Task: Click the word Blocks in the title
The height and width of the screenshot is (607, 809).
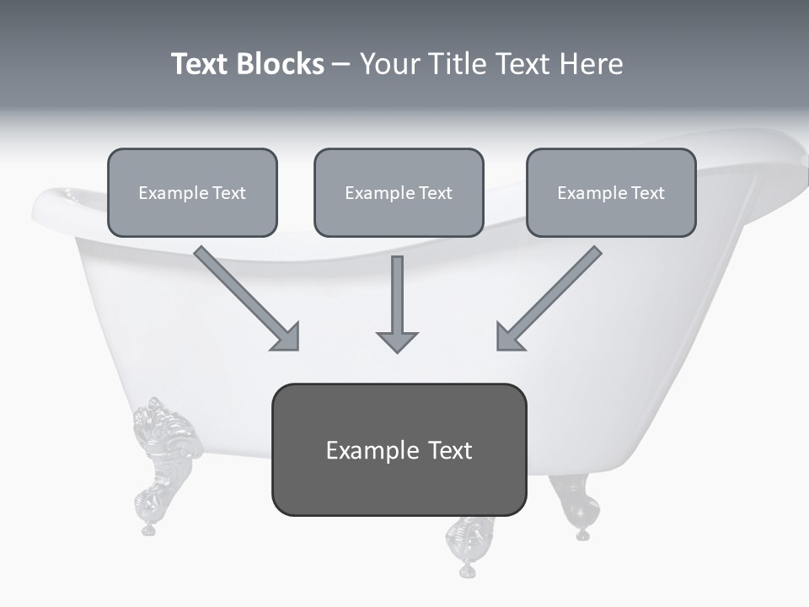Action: click(281, 64)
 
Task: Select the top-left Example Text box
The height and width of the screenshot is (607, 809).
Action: click(192, 192)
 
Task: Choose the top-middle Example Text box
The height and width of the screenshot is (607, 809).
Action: click(399, 192)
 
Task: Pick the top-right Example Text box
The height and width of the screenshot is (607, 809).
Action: click(611, 192)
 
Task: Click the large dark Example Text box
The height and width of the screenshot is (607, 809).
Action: click(399, 449)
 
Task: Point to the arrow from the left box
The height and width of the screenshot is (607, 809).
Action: click(244, 296)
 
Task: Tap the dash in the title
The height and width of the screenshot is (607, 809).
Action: click(341, 65)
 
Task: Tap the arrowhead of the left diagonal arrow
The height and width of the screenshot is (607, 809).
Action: click(287, 337)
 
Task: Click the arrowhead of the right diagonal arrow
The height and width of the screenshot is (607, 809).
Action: click(508, 337)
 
